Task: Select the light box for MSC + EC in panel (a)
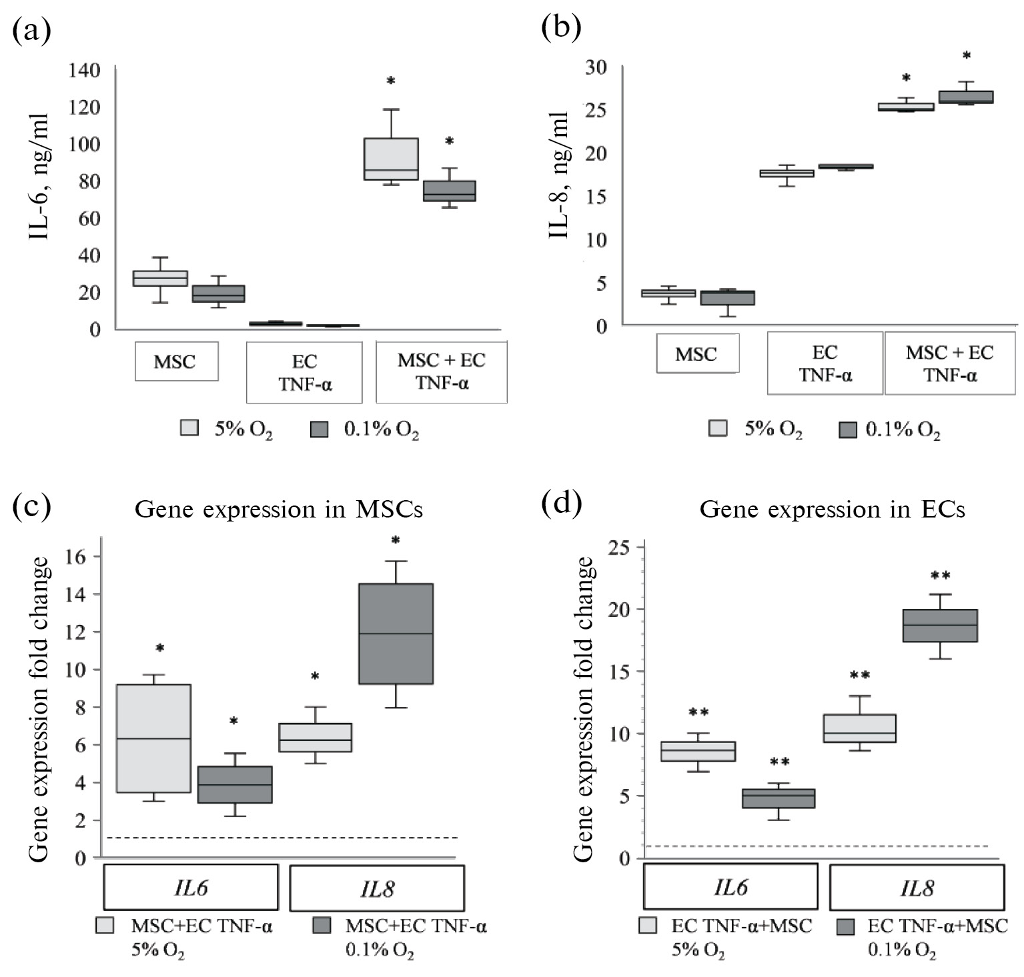point(391,159)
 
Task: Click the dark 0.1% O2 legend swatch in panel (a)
point(320,428)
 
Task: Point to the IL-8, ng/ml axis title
point(559,175)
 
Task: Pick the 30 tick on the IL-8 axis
point(595,67)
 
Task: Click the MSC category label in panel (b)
point(696,353)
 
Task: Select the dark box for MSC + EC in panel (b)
point(966,97)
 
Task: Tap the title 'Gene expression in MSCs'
point(279,510)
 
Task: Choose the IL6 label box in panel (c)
point(191,888)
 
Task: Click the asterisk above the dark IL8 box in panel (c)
point(396,540)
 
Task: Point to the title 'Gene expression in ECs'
point(832,510)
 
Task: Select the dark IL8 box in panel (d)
point(939,626)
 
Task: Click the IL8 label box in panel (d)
point(916,888)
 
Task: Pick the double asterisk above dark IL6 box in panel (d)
point(779,762)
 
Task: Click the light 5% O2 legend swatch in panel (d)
point(648,926)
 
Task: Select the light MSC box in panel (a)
point(160,278)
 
